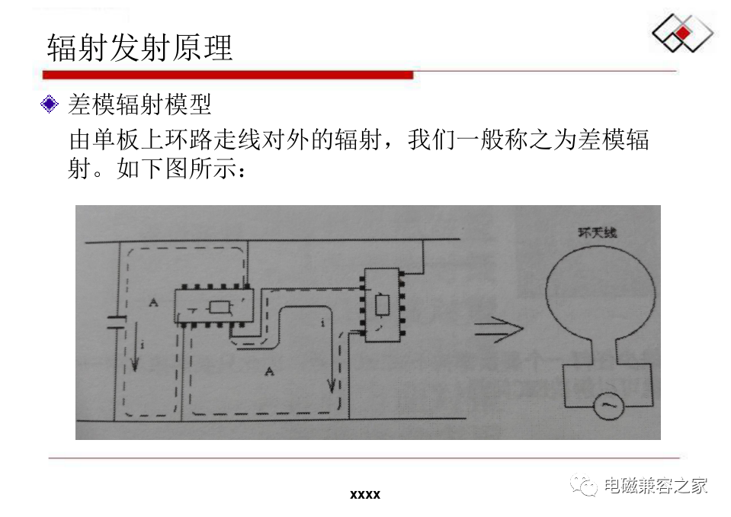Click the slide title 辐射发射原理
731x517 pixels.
[x=139, y=47]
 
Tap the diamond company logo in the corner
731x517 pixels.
[x=682, y=34]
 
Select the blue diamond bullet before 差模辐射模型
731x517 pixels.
[x=50, y=104]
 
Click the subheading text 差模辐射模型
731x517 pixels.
[x=139, y=104]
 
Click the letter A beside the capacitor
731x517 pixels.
[x=153, y=303]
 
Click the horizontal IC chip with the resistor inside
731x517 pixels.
[x=210, y=307]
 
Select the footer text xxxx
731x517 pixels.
[x=364, y=495]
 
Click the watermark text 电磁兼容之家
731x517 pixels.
[x=656, y=485]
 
